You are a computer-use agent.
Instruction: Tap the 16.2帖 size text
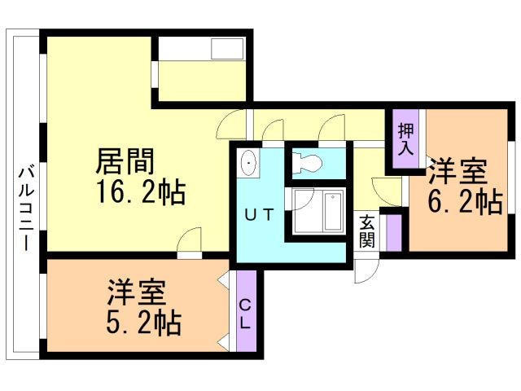click(141, 193)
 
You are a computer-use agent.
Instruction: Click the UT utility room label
click(260, 214)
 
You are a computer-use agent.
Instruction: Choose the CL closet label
click(245, 313)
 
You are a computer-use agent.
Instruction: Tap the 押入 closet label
click(405, 140)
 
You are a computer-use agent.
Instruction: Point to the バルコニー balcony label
click(25, 207)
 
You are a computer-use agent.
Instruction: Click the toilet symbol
click(309, 162)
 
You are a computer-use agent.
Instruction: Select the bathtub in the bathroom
click(335, 212)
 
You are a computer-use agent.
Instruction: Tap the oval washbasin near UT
click(249, 164)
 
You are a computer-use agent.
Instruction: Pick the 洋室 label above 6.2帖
click(458, 172)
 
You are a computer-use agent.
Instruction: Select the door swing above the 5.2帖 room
click(190, 242)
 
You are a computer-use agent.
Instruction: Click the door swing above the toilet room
click(332, 128)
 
